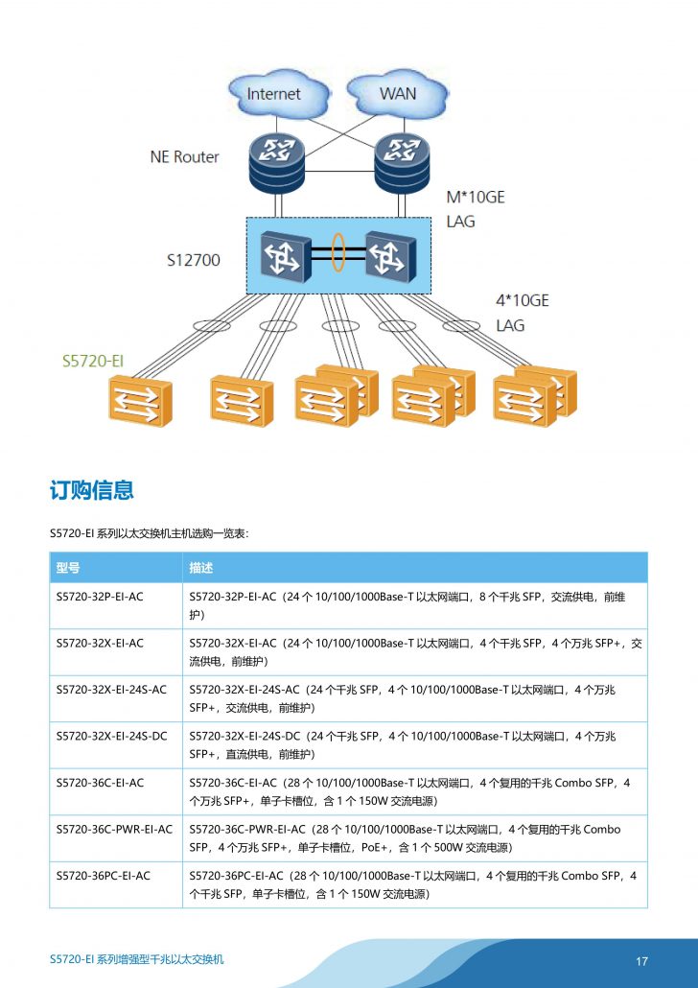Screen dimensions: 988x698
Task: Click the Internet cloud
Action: (274, 94)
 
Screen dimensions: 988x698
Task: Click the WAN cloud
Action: (397, 94)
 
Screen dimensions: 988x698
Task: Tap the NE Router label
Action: (184, 156)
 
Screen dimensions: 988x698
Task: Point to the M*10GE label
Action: (476, 198)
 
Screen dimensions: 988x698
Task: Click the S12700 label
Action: (194, 259)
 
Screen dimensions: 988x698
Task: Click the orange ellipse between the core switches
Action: (338, 252)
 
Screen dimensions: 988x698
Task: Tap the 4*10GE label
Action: (522, 300)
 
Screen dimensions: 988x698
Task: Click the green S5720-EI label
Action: (93, 361)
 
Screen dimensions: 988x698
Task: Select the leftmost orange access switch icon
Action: (140, 401)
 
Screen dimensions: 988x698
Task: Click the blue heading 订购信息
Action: (91, 490)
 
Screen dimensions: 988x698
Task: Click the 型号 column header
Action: (68, 568)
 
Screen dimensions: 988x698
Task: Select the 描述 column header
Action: (201, 568)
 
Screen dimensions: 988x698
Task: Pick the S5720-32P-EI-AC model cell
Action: (100, 597)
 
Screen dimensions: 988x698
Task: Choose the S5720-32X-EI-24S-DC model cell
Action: (111, 736)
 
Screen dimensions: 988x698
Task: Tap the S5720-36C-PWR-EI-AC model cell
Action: (114, 829)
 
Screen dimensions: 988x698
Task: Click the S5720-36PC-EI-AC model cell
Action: (104, 875)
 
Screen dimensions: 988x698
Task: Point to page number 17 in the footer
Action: (642, 961)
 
